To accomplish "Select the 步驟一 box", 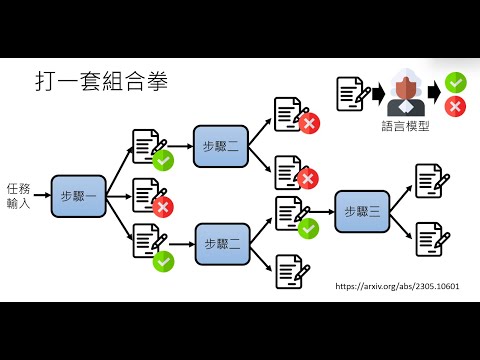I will point(78,196).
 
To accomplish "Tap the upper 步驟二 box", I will point(221,145).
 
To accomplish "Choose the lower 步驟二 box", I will point(221,244).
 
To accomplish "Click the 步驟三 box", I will point(362,211).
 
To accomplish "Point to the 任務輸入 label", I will point(19,195).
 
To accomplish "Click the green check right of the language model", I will point(455,83).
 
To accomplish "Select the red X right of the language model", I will point(455,106).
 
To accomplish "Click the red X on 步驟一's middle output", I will point(163,207).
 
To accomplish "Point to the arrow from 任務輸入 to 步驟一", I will point(42,196).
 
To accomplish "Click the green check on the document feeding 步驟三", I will point(308,227).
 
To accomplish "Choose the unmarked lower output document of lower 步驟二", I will point(290,270).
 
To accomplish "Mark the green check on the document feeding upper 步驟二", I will point(163,159).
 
